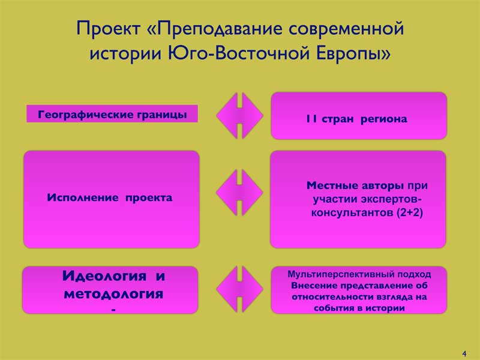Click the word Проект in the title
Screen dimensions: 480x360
click(x=109, y=28)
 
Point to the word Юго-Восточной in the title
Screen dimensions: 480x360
click(x=239, y=53)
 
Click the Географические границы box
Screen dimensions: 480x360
click(x=112, y=114)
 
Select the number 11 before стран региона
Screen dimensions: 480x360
click(x=311, y=119)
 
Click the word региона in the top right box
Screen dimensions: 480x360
click(x=384, y=119)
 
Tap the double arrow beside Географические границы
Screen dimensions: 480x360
click(x=239, y=115)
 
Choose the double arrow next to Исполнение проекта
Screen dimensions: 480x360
click(x=239, y=193)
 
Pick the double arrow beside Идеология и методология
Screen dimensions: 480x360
click(x=239, y=289)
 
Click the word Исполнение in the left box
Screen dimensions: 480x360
click(x=83, y=198)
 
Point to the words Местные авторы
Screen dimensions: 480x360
click(x=355, y=185)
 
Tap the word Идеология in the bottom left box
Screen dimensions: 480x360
click(x=104, y=276)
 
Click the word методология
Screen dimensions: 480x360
click(x=113, y=294)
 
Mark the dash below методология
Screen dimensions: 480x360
click(x=113, y=310)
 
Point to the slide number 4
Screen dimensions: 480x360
click(x=464, y=353)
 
